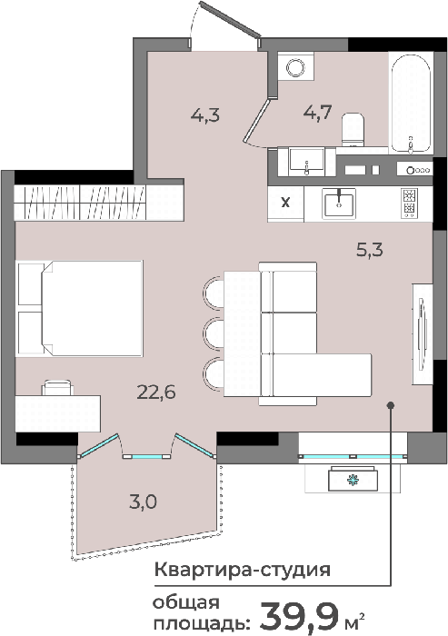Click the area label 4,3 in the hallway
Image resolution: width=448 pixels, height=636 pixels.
click(x=205, y=114)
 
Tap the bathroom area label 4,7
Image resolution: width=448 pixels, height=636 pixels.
click(x=318, y=112)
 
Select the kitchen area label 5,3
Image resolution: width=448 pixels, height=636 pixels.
click(x=370, y=250)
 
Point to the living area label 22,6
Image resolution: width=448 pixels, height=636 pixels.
click(x=156, y=392)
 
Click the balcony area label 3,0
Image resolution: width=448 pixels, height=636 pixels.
click(x=144, y=502)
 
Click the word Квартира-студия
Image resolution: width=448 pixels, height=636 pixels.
click(x=243, y=570)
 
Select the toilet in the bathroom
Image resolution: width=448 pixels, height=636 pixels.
click(x=353, y=129)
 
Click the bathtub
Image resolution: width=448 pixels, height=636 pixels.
click(x=411, y=103)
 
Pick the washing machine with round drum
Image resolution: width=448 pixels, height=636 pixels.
click(x=295, y=67)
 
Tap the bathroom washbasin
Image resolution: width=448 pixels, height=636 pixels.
click(x=306, y=162)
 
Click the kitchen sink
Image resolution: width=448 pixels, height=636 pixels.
click(x=339, y=204)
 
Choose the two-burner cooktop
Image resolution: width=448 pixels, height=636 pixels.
click(x=409, y=204)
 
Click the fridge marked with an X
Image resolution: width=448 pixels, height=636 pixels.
click(x=285, y=204)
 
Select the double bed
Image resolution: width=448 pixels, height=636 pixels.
click(x=80, y=309)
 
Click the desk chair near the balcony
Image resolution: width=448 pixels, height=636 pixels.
click(x=57, y=388)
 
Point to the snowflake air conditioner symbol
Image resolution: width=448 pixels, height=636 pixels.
click(x=353, y=481)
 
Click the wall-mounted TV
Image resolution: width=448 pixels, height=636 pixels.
click(x=423, y=333)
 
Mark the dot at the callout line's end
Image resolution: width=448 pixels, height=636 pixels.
click(x=391, y=405)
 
